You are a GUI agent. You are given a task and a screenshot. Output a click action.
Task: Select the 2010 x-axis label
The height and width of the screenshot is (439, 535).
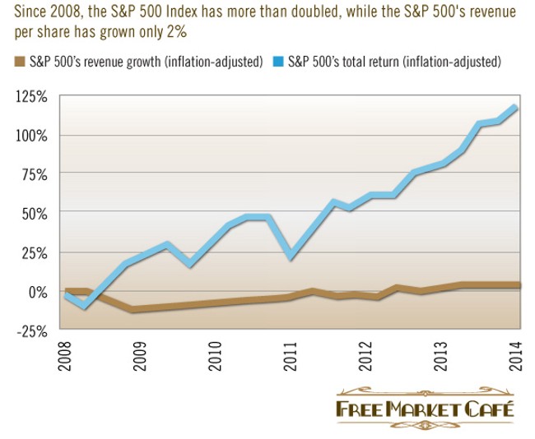216,358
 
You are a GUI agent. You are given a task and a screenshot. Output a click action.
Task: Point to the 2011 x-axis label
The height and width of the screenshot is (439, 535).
291,358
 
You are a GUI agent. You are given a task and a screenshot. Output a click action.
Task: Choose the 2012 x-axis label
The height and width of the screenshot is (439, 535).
365,358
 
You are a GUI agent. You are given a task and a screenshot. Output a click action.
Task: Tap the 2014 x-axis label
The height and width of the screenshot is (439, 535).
515,358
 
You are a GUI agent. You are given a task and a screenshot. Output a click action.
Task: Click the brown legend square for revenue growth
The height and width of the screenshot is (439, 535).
19,61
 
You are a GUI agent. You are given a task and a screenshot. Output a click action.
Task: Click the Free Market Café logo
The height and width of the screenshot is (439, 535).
424,409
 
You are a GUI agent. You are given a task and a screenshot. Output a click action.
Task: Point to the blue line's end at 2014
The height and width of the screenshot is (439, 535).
515,107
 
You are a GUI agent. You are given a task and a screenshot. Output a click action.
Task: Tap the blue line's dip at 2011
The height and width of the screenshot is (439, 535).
291,256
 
